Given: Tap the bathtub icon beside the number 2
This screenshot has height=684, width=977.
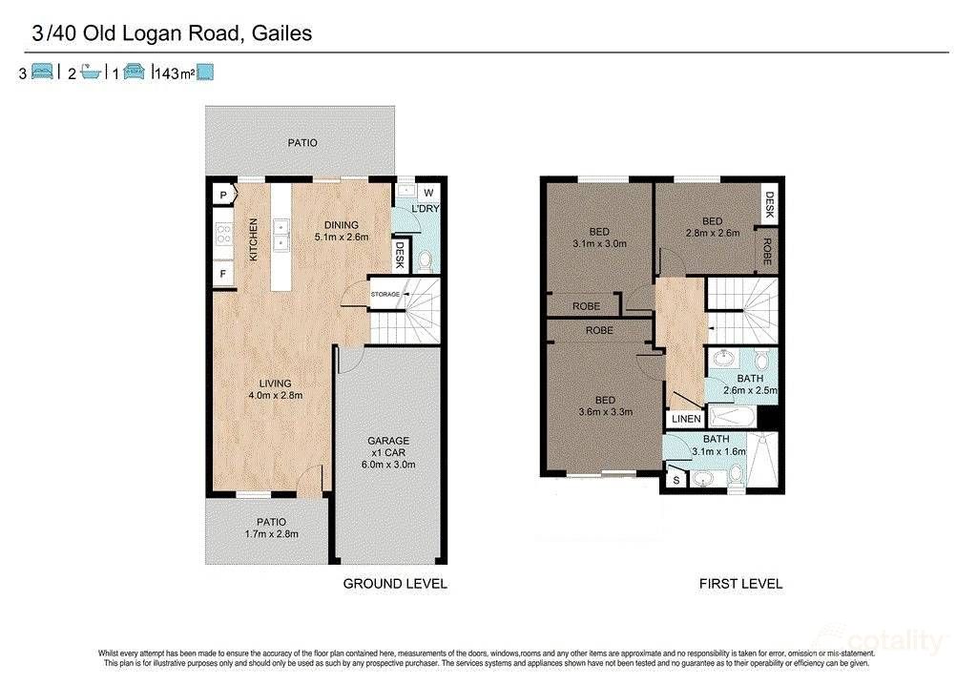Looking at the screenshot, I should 91,73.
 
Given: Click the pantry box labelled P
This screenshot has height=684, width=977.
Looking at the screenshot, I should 223,196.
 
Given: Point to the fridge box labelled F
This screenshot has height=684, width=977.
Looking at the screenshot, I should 223,274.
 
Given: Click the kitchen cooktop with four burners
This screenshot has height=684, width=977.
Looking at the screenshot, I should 224,235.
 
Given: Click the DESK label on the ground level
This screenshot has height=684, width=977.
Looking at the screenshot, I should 401,254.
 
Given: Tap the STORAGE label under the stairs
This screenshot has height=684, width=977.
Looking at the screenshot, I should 385,295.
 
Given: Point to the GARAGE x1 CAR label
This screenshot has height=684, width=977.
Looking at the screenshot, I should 388,446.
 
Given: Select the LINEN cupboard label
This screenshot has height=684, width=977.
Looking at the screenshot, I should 686,419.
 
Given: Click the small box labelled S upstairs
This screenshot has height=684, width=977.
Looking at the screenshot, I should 676,478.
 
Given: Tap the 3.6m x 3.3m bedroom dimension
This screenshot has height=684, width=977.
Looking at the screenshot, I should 600,412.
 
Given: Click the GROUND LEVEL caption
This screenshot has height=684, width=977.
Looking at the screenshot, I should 394,584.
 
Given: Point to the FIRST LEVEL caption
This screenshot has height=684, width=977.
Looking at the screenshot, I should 740,584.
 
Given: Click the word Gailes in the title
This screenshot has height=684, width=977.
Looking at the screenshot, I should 282,34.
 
